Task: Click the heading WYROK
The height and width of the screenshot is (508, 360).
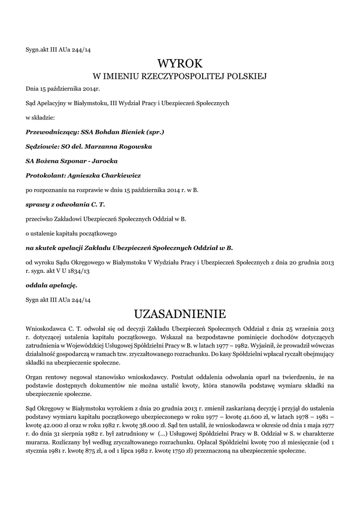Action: tap(180, 63)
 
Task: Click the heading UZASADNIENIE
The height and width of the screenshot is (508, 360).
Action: tap(180, 314)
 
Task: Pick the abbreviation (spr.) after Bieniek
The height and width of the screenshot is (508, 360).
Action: tap(155, 132)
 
